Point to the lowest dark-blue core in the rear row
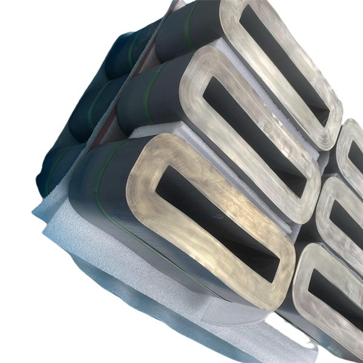57,169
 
